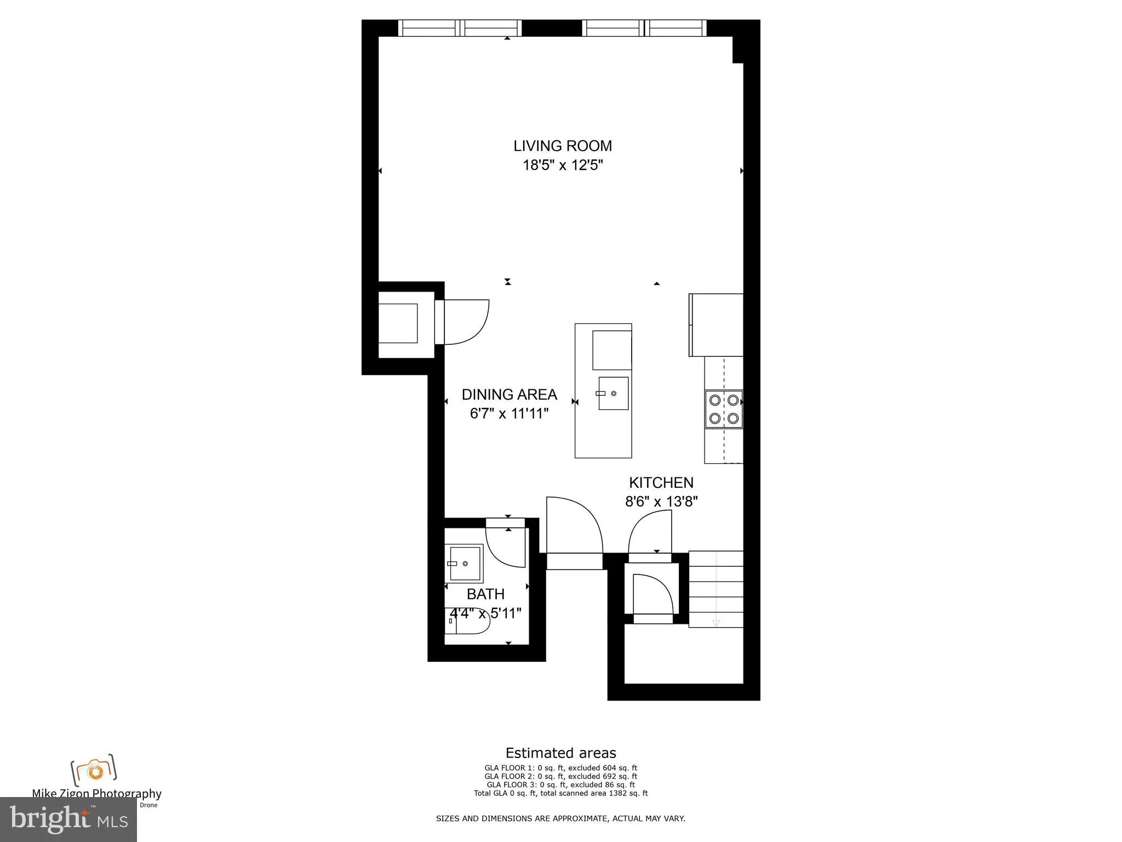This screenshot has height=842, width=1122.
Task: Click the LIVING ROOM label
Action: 562,146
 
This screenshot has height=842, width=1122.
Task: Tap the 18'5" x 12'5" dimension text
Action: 562,165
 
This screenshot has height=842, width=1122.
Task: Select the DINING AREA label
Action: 509,395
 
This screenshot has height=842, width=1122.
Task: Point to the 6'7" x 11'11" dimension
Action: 509,413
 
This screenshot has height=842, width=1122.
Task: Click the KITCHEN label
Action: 661,482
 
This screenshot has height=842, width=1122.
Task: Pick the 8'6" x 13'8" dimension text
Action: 661,502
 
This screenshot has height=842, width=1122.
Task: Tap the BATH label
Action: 485,594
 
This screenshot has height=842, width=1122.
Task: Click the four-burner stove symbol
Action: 723,409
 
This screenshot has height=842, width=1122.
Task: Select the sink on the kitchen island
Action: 613,393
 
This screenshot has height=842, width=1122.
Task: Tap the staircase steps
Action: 715,589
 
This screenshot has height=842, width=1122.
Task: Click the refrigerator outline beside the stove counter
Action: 715,325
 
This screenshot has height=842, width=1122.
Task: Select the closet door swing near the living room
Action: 466,322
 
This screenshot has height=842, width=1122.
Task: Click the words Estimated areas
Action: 560,753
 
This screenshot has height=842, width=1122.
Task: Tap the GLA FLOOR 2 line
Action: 560,776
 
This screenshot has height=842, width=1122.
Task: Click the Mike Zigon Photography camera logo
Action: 94,770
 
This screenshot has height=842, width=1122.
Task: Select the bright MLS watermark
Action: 68,819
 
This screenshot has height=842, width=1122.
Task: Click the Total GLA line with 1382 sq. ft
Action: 560,793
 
